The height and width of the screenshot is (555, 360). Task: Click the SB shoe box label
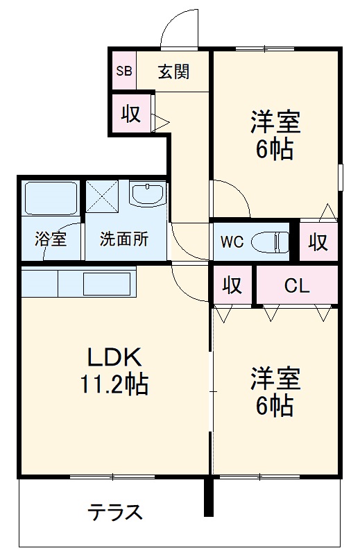[123, 71]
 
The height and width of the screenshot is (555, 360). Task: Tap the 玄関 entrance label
[173, 71]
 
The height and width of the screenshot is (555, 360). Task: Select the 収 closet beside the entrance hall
[131, 114]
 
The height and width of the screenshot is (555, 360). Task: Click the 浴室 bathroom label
[51, 240]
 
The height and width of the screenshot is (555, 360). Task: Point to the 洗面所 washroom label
[124, 240]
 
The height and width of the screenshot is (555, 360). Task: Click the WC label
[232, 242]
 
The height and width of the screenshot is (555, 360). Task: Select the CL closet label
[296, 285]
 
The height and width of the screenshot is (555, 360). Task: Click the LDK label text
[114, 357]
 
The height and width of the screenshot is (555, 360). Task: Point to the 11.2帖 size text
[114, 384]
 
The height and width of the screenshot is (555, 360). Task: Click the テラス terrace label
[114, 513]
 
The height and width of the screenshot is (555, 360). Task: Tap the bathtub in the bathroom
[51, 198]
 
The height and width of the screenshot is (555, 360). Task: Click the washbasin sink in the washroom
[148, 195]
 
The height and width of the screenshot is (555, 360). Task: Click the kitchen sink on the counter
[107, 284]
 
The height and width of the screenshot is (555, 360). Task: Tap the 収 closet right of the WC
[318, 242]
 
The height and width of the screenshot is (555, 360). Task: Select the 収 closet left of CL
[232, 285]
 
